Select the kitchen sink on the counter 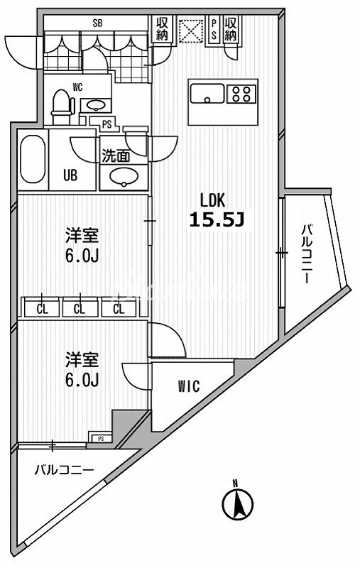click(207, 92)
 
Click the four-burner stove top click(241, 92)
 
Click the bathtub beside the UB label click(32, 160)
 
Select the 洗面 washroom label click(114, 155)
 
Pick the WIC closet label click(188, 386)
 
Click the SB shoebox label click(97, 23)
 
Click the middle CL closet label click(80, 308)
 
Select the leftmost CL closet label click(41, 308)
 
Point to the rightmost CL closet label click(119, 308)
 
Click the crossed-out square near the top click(189, 30)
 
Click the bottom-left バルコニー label click(65, 470)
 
